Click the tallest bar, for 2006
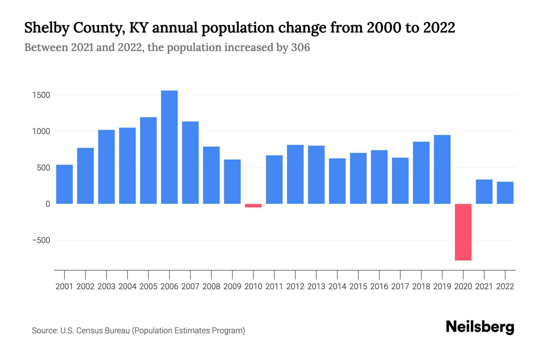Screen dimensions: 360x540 tap(169, 147)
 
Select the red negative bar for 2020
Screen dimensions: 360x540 tap(463, 232)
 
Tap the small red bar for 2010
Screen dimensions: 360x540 tap(253, 205)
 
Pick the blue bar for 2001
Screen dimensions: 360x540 tap(64, 184)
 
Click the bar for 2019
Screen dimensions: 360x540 tap(442, 169)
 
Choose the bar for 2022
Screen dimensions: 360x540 tap(505, 193)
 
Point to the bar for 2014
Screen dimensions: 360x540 tap(337, 181)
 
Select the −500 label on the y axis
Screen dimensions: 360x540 tap(41, 240)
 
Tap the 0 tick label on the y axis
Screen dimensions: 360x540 tap(48, 204)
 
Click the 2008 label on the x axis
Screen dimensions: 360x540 tap(211, 286)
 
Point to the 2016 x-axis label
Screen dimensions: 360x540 tap(379, 286)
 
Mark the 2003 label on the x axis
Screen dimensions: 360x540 tap(106, 286)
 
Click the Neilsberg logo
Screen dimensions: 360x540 tap(480, 327)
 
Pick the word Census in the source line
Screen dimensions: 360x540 tap(88, 331)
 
